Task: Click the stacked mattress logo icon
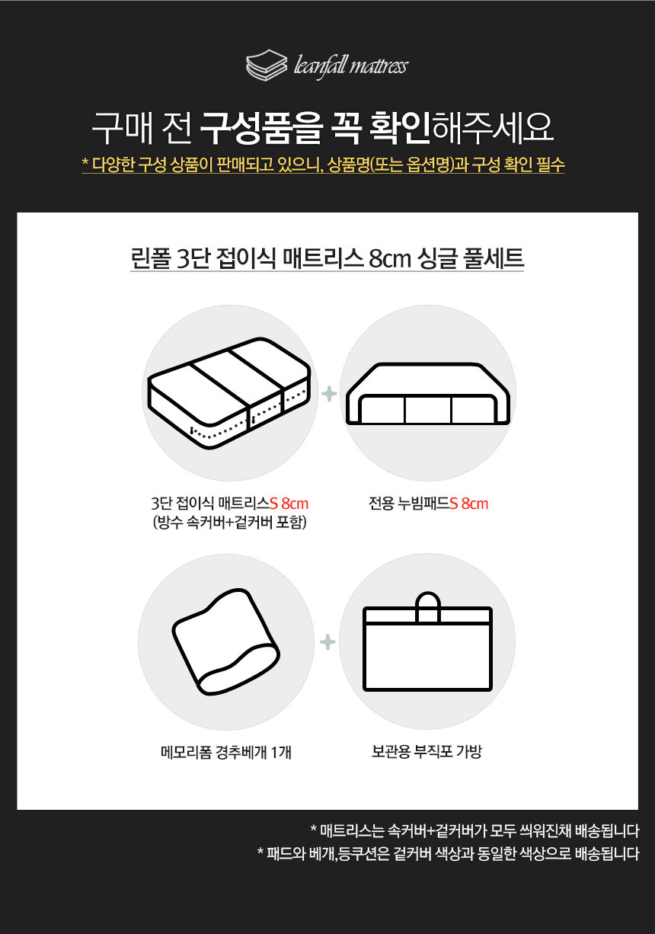pos(267,65)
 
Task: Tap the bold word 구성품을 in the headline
pos(261,127)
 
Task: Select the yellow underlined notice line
pos(323,165)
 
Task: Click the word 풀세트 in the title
pos(494,257)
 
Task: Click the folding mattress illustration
pos(229,393)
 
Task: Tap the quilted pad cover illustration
pos(428,394)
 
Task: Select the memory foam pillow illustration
pos(226,642)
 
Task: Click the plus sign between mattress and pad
pos(329,394)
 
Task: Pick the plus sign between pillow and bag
pos(327,642)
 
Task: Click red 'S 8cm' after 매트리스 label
pos(289,504)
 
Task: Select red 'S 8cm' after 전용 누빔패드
pos(468,504)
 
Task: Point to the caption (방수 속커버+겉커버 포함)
pos(230,522)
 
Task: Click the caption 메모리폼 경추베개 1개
pos(226,752)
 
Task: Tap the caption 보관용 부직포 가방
pos(427,751)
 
